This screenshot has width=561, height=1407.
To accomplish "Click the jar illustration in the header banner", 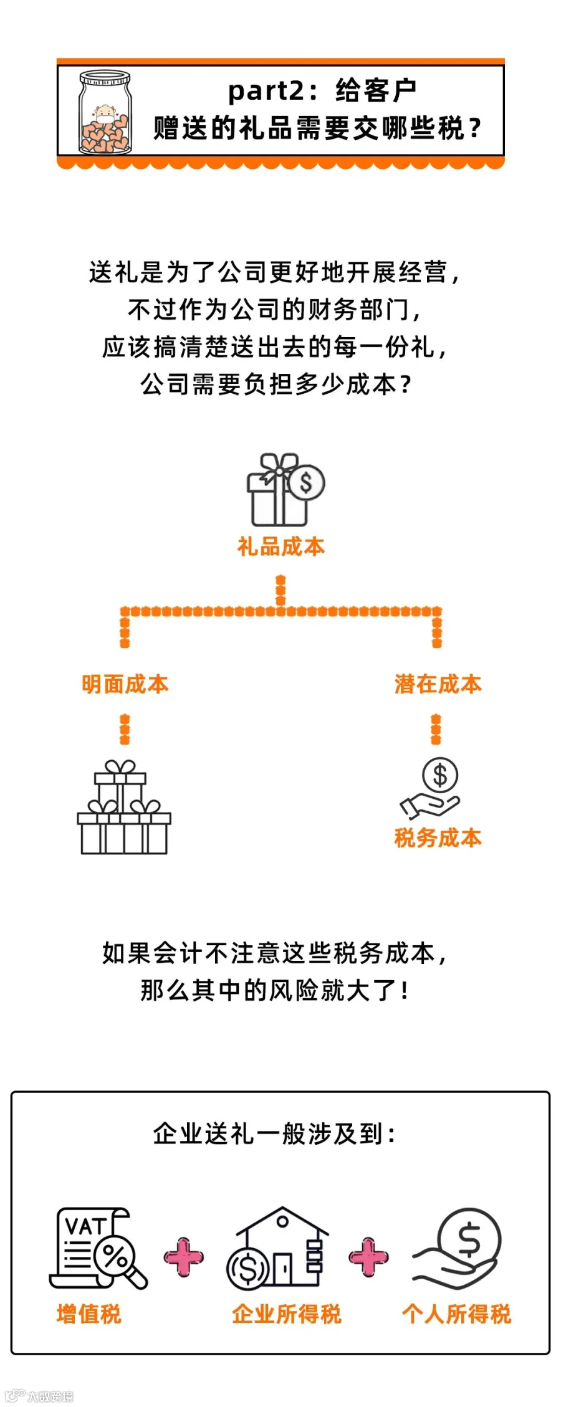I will coord(105,113).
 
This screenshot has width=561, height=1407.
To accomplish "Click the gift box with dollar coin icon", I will coord(284,490).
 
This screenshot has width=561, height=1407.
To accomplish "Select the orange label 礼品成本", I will coord(281,547).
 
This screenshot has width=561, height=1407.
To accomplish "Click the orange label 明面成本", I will coord(125,684).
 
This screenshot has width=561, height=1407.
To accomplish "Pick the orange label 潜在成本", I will coord(438,684).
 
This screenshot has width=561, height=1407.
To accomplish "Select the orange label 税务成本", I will coord(438,838).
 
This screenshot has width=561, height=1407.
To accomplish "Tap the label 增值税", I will coord(89,1314).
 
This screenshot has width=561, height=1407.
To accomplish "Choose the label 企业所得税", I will coord(287,1314).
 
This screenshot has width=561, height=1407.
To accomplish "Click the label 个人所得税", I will coord(456,1314).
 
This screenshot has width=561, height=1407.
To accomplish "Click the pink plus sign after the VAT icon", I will coord(183,1256).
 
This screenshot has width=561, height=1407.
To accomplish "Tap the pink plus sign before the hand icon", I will coord(368,1256).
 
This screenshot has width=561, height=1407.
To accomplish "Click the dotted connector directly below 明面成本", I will coord(125,729).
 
